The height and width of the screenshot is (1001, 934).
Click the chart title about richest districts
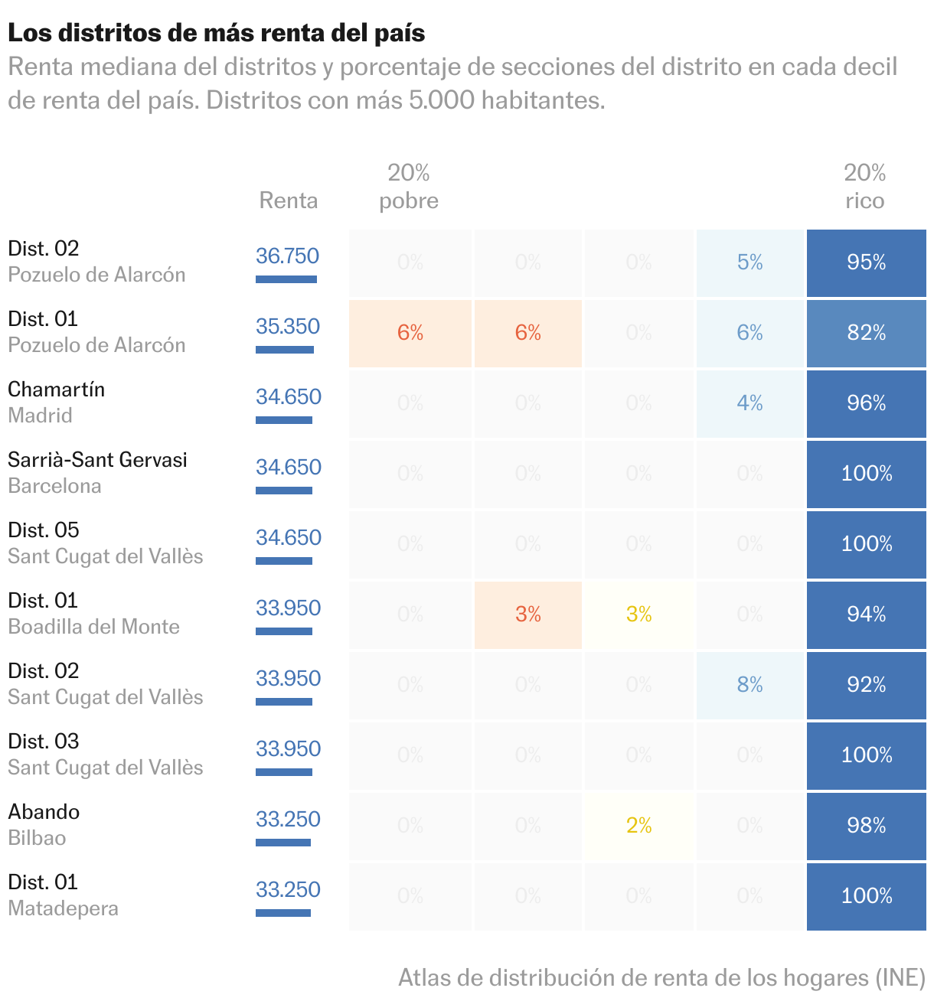coord(217,33)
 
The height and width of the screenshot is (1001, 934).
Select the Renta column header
coord(289,201)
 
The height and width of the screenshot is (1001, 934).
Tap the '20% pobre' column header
coord(409,187)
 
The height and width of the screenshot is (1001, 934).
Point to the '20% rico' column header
coord(865,187)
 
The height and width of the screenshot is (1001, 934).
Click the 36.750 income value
coord(287,256)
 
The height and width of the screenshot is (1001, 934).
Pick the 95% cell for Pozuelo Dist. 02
coord(866,262)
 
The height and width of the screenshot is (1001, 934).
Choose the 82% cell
coord(866,333)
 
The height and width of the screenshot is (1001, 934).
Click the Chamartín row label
coord(57,390)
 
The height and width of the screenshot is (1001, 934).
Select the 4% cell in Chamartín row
coord(749,403)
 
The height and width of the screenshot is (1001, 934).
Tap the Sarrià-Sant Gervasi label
coord(97,460)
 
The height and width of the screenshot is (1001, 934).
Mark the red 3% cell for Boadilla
coord(528,615)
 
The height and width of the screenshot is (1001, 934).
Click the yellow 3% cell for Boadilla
coord(638,615)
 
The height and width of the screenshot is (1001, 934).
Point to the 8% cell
coord(749,685)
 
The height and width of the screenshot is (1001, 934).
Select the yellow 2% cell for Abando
coord(638,826)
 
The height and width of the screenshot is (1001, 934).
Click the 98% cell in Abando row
coord(866,826)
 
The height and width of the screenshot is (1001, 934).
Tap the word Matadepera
coord(64,908)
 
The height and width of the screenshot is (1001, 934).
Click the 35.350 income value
coord(288,326)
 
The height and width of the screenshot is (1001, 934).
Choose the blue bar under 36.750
coord(286,279)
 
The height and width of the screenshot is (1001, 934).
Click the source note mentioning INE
coord(661,977)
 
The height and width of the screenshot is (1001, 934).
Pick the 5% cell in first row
coord(749,262)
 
